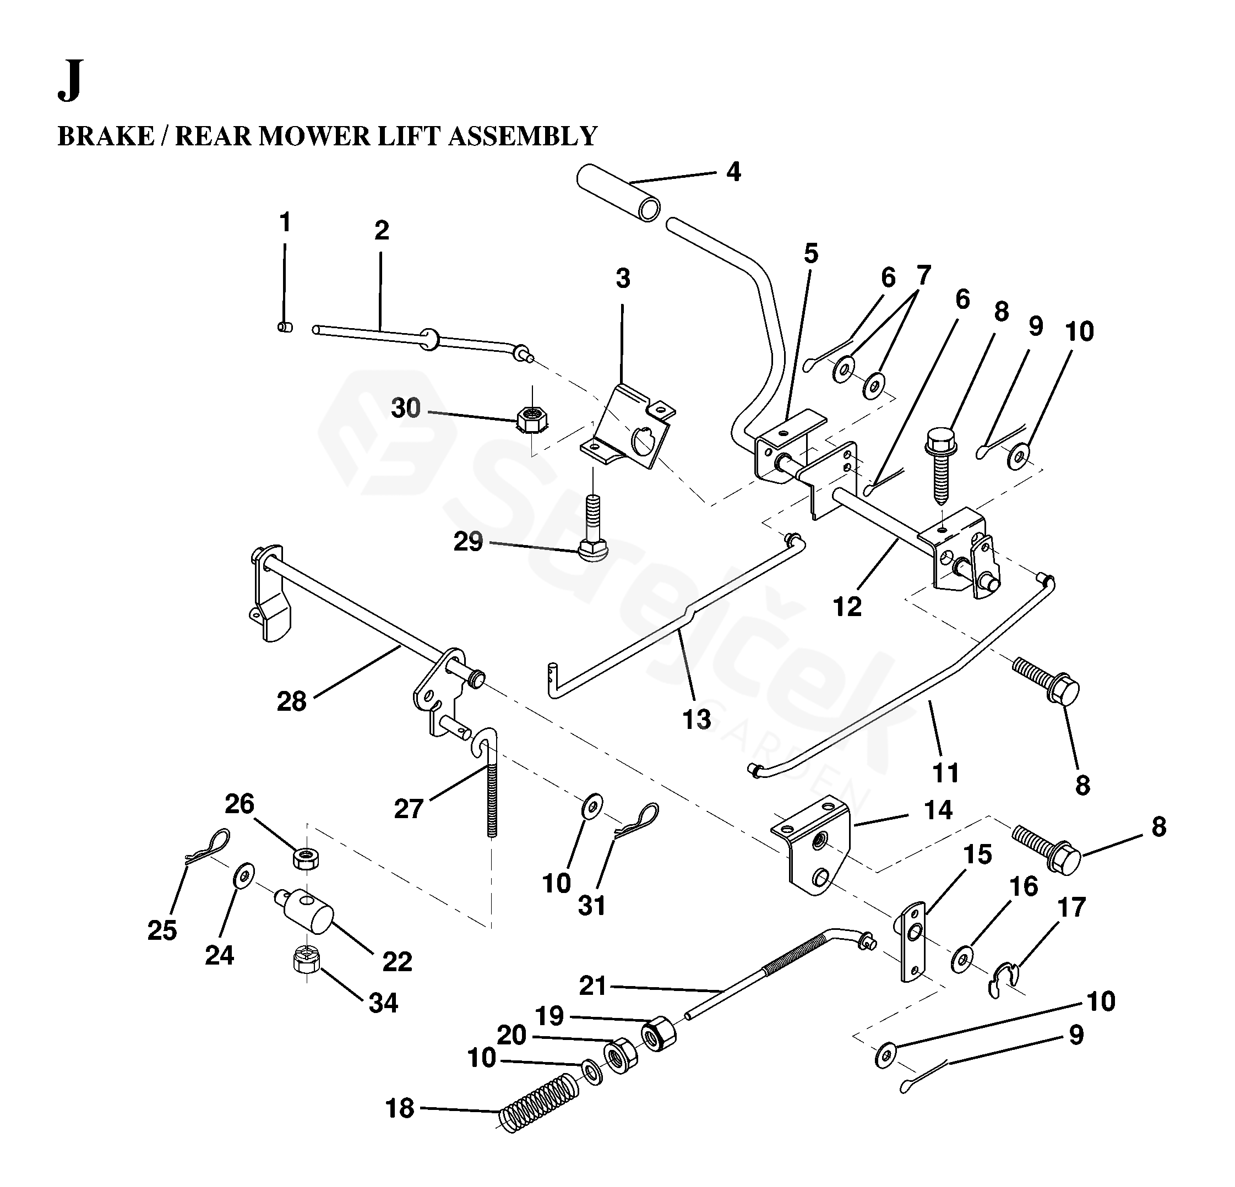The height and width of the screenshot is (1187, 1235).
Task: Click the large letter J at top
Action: [x=70, y=82]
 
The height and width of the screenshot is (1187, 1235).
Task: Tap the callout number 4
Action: [x=733, y=171]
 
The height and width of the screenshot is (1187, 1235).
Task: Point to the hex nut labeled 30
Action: [x=532, y=418]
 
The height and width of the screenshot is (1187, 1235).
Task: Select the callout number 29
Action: [x=468, y=541]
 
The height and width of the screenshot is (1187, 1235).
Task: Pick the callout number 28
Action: [x=291, y=701]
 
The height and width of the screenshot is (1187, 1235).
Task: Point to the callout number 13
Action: [x=697, y=719]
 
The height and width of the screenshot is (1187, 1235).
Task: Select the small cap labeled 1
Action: [x=285, y=327]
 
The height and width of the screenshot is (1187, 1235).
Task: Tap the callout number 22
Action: [x=397, y=961]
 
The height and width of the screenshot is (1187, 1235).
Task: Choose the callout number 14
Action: [x=938, y=810]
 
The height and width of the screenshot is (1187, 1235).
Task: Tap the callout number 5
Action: [x=811, y=253]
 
